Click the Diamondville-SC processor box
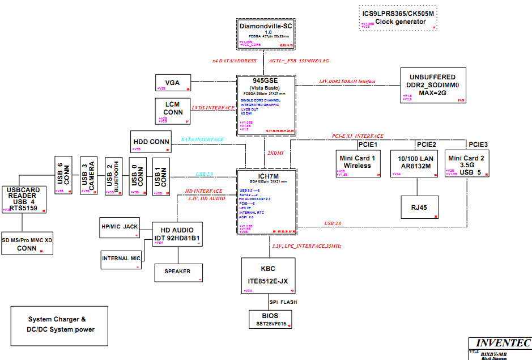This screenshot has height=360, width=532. pos(265,35)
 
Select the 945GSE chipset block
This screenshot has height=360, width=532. pos(265,105)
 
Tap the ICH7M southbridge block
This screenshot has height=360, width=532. pos(265,201)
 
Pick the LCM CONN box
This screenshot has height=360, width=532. pos(173,111)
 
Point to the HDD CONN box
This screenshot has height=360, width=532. pos(151,141)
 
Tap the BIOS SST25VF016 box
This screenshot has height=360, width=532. pos(270,319)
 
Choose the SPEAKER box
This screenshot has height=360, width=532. pos(178,272)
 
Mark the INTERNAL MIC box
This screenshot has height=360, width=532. pos(121,259)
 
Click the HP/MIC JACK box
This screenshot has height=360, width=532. pos(119,227)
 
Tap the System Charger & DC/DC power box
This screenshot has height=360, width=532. pos(59,325)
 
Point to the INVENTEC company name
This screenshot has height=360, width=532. pos(502,343)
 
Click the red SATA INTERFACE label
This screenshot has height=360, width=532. pos(202,139)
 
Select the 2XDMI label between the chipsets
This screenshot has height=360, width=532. pos(274,154)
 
